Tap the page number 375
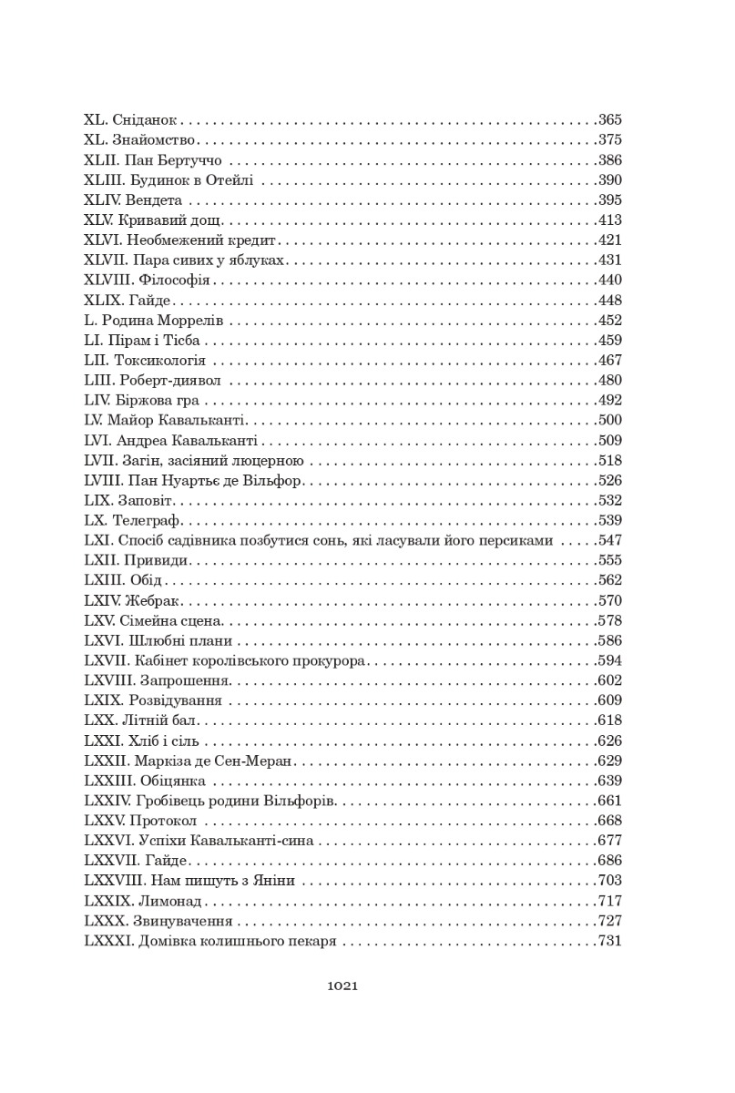609,140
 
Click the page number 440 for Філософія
609,280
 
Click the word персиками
518,540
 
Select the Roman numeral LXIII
102,580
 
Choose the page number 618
609,720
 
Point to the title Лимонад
170,900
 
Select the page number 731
609,940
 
